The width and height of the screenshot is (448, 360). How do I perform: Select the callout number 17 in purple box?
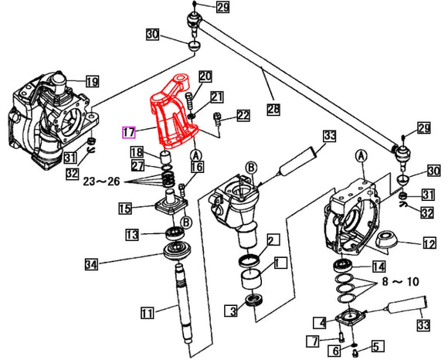click(128, 132)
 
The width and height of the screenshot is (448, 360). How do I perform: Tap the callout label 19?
click(93, 82)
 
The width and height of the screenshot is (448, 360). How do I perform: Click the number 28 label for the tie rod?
click(273, 109)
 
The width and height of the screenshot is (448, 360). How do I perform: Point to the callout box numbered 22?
click(243, 115)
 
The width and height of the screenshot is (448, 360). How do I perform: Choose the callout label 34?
click(91, 264)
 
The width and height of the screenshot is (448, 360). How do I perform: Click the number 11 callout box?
click(148, 313)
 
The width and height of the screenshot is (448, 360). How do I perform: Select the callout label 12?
click(429, 243)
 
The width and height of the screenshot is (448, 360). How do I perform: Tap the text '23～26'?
click(101, 181)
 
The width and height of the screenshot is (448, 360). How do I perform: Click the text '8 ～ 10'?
click(401, 282)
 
